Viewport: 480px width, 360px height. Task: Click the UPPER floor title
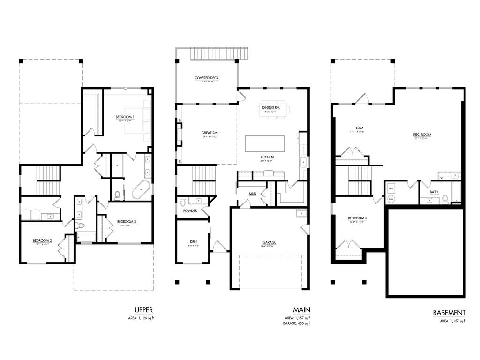click(143, 309)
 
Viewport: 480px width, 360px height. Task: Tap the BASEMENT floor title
click(449, 313)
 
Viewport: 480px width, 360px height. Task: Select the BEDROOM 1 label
click(125, 117)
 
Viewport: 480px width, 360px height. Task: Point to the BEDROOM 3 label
click(127, 222)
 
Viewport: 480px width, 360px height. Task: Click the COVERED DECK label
click(207, 78)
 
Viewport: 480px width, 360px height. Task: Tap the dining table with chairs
click(274, 110)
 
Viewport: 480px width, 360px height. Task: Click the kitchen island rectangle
click(265, 143)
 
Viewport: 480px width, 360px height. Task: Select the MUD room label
click(252, 193)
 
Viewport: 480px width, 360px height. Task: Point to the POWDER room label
click(190, 211)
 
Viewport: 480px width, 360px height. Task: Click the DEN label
click(193, 242)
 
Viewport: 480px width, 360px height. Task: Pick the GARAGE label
click(269, 242)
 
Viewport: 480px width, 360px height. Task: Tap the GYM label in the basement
click(360, 127)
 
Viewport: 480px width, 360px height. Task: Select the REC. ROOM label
click(422, 135)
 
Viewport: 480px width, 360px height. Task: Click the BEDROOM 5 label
click(357, 218)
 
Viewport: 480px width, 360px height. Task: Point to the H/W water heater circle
click(390, 199)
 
